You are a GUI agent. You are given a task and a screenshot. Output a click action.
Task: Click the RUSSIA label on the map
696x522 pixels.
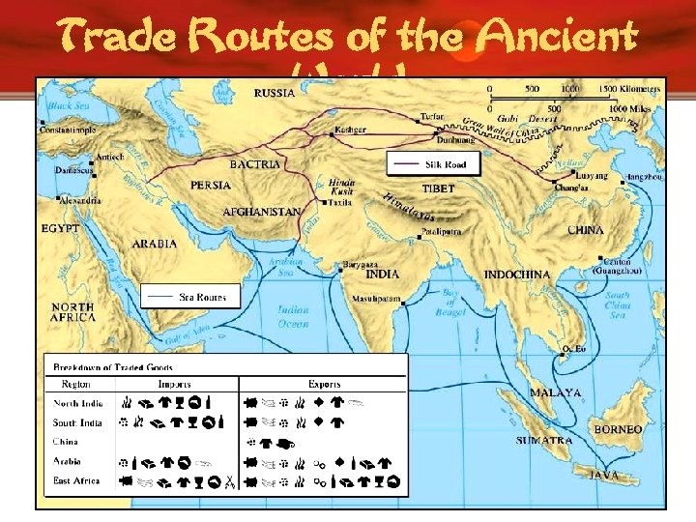point(275,93)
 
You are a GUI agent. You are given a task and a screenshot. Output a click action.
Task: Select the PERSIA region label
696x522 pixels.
point(210,185)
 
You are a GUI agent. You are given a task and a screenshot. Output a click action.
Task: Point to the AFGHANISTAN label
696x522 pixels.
point(262,212)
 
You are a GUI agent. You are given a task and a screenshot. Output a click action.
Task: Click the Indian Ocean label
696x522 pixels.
point(294,316)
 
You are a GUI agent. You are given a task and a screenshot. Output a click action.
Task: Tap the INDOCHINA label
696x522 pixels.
point(516,275)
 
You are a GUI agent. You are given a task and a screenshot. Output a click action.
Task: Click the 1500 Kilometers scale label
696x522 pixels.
point(627,89)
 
